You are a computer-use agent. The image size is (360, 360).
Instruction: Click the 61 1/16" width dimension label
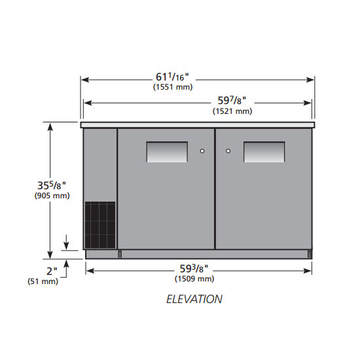(x=172, y=77)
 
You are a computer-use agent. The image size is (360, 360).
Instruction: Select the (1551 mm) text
(x=173, y=87)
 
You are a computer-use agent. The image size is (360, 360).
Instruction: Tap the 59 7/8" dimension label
(x=232, y=101)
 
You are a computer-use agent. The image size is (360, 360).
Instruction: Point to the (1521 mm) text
(x=232, y=111)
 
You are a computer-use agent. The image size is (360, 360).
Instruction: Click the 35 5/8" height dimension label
(x=52, y=185)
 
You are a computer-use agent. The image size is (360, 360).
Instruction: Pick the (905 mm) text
(x=52, y=196)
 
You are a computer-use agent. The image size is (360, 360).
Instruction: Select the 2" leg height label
(x=52, y=271)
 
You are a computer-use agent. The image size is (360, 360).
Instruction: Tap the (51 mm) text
(x=43, y=281)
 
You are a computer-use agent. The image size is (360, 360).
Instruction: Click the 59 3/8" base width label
(x=194, y=268)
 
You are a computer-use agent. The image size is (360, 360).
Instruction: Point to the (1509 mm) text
(x=194, y=279)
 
